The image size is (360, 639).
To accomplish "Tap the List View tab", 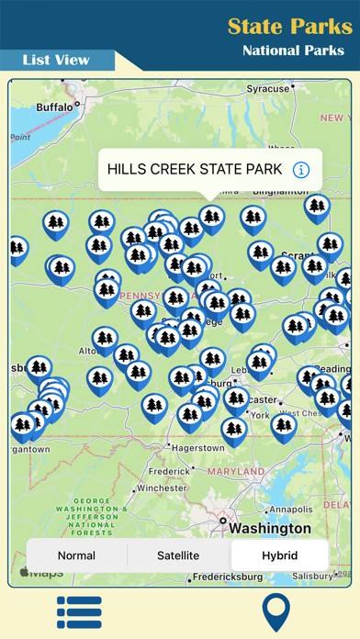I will (x=56, y=60).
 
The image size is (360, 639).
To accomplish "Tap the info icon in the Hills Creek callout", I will (x=301, y=169).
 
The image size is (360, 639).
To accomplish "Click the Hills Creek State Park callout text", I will (x=194, y=169).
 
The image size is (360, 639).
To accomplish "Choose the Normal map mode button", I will (x=76, y=555).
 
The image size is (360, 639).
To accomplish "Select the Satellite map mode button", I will (x=178, y=555).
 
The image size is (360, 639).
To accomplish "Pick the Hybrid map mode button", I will (x=279, y=555).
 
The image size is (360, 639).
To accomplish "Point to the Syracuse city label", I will (x=268, y=89).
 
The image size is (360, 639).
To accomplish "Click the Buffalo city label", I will (x=53, y=107).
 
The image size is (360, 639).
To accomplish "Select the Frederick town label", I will (x=171, y=470).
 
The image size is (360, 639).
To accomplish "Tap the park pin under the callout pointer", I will (x=212, y=218).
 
